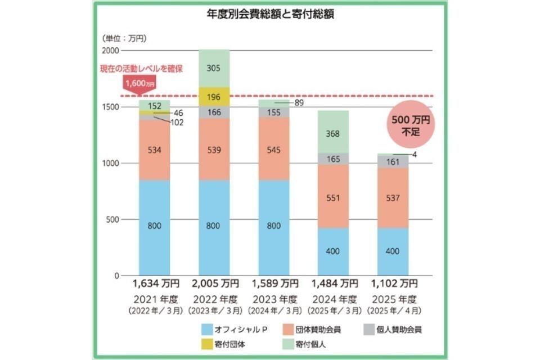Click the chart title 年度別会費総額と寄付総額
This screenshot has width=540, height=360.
[x=270, y=15]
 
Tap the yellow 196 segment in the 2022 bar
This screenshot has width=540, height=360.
[x=214, y=96]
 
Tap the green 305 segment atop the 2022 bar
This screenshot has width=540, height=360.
[x=214, y=68]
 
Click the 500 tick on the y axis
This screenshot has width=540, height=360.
[x=115, y=219]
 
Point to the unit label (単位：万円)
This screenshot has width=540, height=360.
[x=123, y=38]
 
